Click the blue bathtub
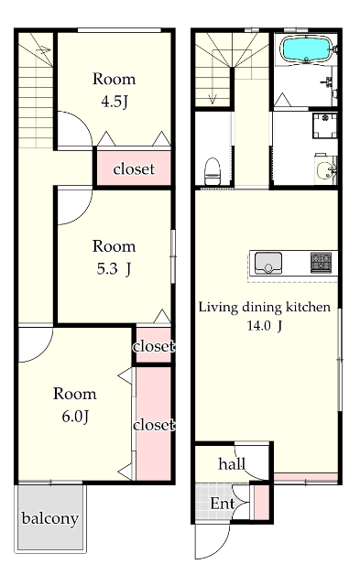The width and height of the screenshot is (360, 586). pos(306,49)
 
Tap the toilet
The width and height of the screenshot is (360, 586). pos(213,171)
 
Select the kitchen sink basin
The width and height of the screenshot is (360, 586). pos(268,263)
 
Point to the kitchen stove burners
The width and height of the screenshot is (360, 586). pos(322,263)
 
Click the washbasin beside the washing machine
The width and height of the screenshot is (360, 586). pos(326,171)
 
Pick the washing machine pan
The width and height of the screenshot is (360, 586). pos(325,125)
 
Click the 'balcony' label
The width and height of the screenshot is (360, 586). pos(50,518)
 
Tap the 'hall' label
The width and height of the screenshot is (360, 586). pos(232,464)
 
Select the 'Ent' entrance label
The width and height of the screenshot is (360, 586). pos(223,504)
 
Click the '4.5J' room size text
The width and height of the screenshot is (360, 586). pos(115,102)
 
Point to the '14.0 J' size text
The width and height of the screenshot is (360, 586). pos(265,326)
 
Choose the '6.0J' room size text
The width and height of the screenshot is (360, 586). pos(75,417)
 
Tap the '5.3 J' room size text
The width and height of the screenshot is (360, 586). pos(114,268)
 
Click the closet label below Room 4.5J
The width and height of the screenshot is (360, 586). pos(134,168)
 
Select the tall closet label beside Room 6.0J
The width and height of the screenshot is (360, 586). pos(154,425)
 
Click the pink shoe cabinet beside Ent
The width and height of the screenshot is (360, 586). pos(261,502)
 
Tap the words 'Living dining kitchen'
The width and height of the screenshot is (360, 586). pos(265,308)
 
